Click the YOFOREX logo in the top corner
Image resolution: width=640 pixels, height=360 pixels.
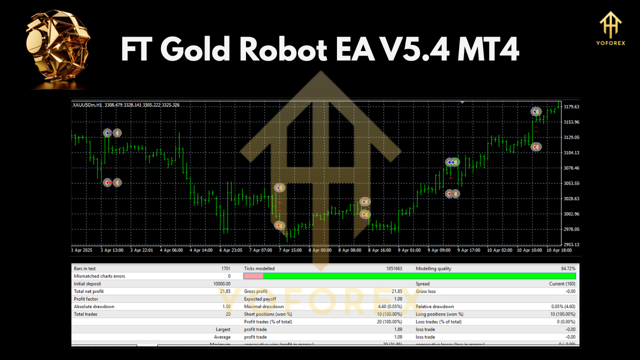point(610,28)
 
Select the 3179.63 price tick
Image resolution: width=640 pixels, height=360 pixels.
point(571,107)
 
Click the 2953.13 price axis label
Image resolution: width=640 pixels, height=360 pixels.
point(571,244)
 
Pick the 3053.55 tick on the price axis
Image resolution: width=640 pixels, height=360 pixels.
point(571,183)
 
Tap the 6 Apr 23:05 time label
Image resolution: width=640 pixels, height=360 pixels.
point(231,250)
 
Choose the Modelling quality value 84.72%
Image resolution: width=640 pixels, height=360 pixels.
point(567,268)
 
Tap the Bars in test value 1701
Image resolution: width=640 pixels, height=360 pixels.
point(225,268)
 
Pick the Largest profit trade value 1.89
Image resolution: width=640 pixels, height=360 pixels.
point(397,329)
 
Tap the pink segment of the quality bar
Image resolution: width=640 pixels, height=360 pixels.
point(253,276)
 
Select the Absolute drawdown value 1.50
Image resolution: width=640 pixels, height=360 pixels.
point(226,306)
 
